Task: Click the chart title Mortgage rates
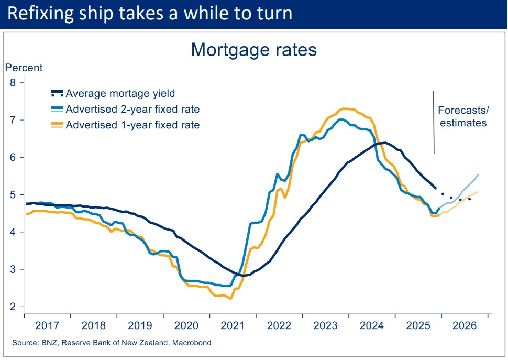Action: (x=254, y=49)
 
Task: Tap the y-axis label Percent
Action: (x=24, y=68)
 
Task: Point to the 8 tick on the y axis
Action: (x=13, y=83)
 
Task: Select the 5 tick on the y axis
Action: (x=13, y=195)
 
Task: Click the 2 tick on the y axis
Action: (x=13, y=307)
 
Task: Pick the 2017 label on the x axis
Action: (x=48, y=325)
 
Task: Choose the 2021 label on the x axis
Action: (x=233, y=325)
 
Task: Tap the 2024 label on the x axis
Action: (x=372, y=325)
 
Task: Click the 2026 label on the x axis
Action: (x=465, y=325)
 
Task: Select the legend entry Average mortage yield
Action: (x=120, y=94)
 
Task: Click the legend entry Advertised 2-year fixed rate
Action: (x=132, y=110)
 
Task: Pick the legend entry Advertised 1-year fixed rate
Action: (x=132, y=125)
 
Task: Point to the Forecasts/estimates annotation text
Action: (x=462, y=117)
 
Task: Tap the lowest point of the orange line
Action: (x=231, y=299)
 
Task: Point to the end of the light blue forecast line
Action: (x=478, y=174)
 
